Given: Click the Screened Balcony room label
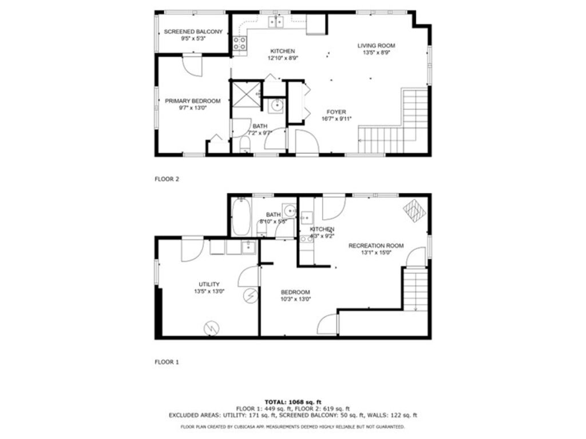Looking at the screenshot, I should point(193,31).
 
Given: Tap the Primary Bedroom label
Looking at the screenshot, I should point(192,101).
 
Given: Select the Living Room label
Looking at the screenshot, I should point(376,46).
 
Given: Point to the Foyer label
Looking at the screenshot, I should point(336,112).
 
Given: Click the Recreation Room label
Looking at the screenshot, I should point(376,246).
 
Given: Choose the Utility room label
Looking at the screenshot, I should point(209,284).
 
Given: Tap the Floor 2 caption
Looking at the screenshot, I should point(167,179).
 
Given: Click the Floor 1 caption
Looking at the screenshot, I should point(167,362).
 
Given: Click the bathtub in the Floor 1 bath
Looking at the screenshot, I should point(240,217).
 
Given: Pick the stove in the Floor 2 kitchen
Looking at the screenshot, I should point(240,43).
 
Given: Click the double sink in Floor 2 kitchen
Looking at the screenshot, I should point(276,22).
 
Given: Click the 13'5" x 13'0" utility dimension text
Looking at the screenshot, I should point(209,291).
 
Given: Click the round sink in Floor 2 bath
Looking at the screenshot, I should point(277,105).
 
